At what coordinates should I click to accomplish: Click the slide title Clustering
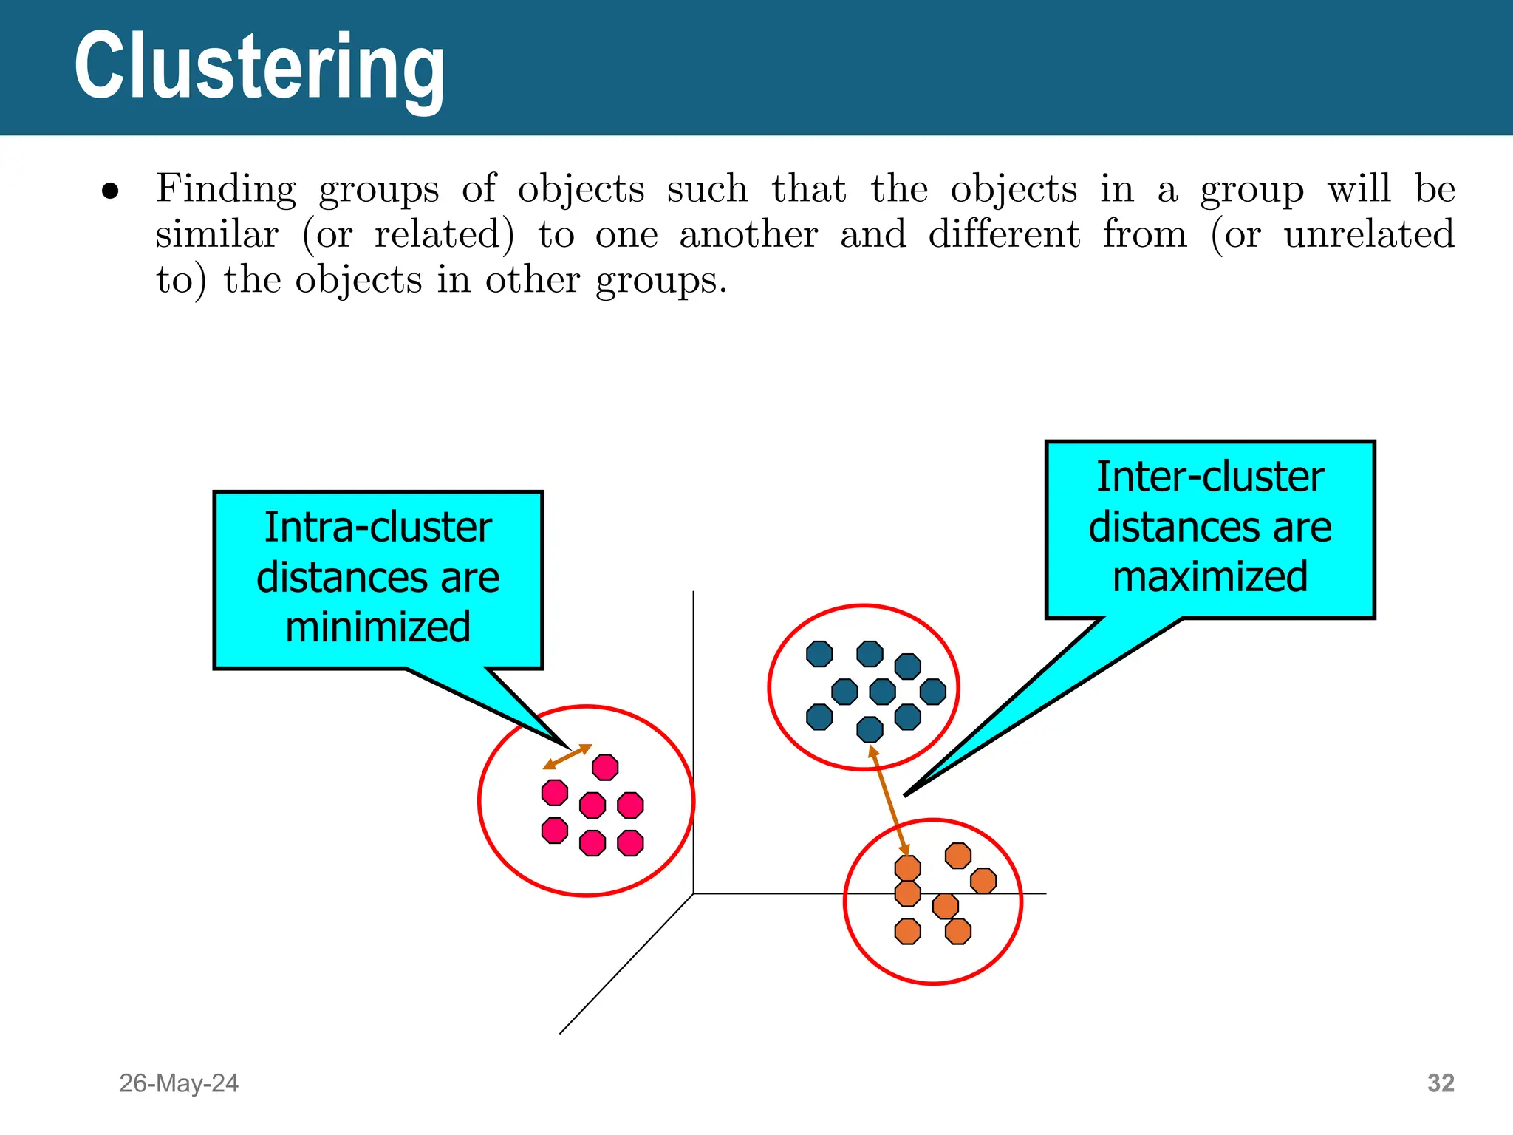coord(259,67)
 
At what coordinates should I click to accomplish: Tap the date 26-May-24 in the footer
coord(179,1083)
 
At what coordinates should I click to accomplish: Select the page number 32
coord(1441,1083)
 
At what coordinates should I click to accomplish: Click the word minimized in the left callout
coord(378,627)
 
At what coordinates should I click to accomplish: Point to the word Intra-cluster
coord(378,528)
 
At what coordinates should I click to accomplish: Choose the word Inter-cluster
coord(1210,477)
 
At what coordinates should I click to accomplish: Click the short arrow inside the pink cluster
coord(567,757)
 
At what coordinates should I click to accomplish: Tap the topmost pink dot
coord(605,767)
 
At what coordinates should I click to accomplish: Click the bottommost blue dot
coord(870,729)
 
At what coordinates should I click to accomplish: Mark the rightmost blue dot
coord(933,692)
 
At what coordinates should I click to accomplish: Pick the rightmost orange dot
coord(983,881)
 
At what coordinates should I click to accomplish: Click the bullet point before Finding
coord(110,191)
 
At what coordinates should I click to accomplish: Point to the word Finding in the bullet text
coord(225,188)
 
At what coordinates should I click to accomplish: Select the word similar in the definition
coord(216,234)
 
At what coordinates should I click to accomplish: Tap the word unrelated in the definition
coord(1369,234)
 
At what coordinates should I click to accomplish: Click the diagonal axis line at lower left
coord(626,964)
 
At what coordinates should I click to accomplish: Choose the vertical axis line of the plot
coord(693,739)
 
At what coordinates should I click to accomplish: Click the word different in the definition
coord(1004,234)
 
